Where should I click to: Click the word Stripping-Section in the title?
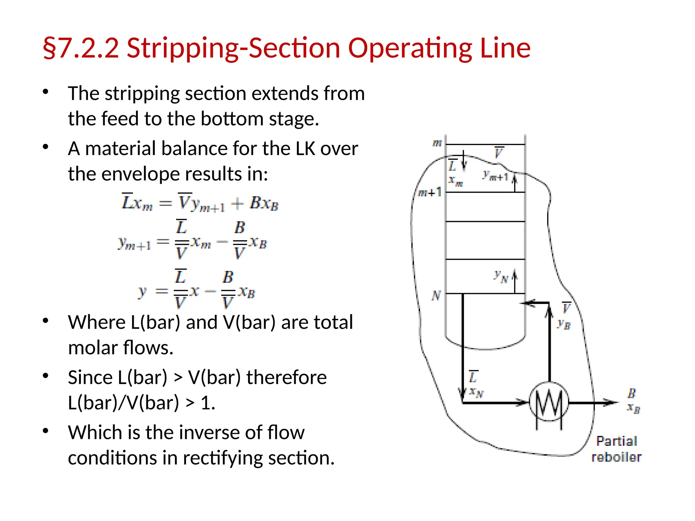[233, 48]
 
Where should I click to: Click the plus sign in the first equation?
[237, 204]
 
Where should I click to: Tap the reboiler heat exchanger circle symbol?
[549, 402]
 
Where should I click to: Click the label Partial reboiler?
[616, 449]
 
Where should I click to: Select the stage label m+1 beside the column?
[429, 193]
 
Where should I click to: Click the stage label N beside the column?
[436, 295]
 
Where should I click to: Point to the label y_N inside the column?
[501, 276]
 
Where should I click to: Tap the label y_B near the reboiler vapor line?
[564, 324]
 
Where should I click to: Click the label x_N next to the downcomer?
[476, 392]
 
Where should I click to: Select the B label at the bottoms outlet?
[632, 393]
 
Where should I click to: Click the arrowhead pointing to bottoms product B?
[611, 403]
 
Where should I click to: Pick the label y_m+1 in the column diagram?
[495, 176]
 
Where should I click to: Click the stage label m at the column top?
[437, 143]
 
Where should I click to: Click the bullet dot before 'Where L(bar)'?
[46, 321]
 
